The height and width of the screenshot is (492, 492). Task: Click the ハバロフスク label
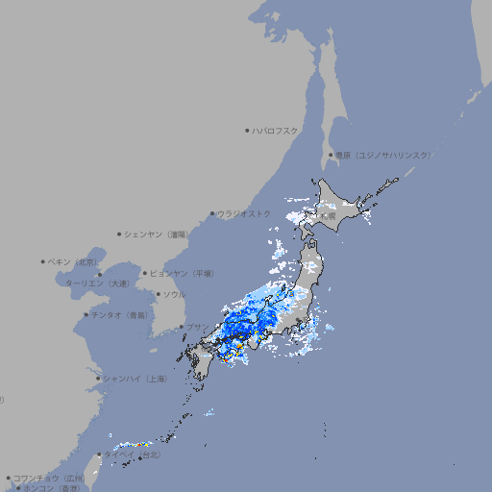click(275, 131)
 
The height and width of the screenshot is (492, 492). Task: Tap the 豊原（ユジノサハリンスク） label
click(382, 155)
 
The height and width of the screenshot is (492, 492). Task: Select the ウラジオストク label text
click(244, 213)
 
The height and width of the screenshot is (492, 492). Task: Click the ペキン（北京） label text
click(74, 261)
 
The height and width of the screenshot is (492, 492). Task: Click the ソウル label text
click(174, 294)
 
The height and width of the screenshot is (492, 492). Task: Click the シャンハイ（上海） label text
click(135, 379)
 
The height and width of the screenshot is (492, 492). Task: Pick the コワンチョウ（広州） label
click(49, 478)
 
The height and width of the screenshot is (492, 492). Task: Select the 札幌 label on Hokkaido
click(329, 217)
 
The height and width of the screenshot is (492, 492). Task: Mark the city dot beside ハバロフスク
click(247, 131)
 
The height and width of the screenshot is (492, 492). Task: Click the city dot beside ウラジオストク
click(212, 213)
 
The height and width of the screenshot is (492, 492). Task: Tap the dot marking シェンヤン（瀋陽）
click(119, 234)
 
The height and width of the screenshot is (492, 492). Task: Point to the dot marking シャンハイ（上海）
click(98, 379)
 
